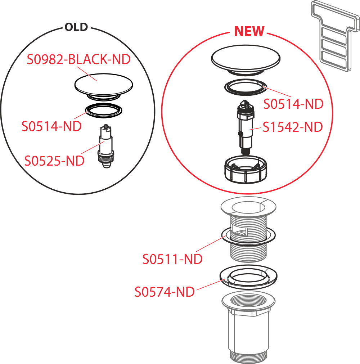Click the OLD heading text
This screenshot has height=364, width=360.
pos(77,28)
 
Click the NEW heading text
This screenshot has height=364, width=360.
pos(249,31)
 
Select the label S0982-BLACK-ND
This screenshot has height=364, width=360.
pos(78,59)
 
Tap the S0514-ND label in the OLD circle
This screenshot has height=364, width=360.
pos(51,126)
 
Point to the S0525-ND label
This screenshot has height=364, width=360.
pos(54,161)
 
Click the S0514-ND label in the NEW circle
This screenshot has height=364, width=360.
pos(293,104)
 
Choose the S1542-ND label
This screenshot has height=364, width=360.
pos(292,127)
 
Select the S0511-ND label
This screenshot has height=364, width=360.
pos(172,259)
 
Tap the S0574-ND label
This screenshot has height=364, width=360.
pos(165,292)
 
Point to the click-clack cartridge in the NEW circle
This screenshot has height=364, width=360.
pos(246,126)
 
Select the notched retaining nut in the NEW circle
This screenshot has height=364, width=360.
pos(246,171)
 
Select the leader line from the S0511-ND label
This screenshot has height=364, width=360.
pos(211,244)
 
